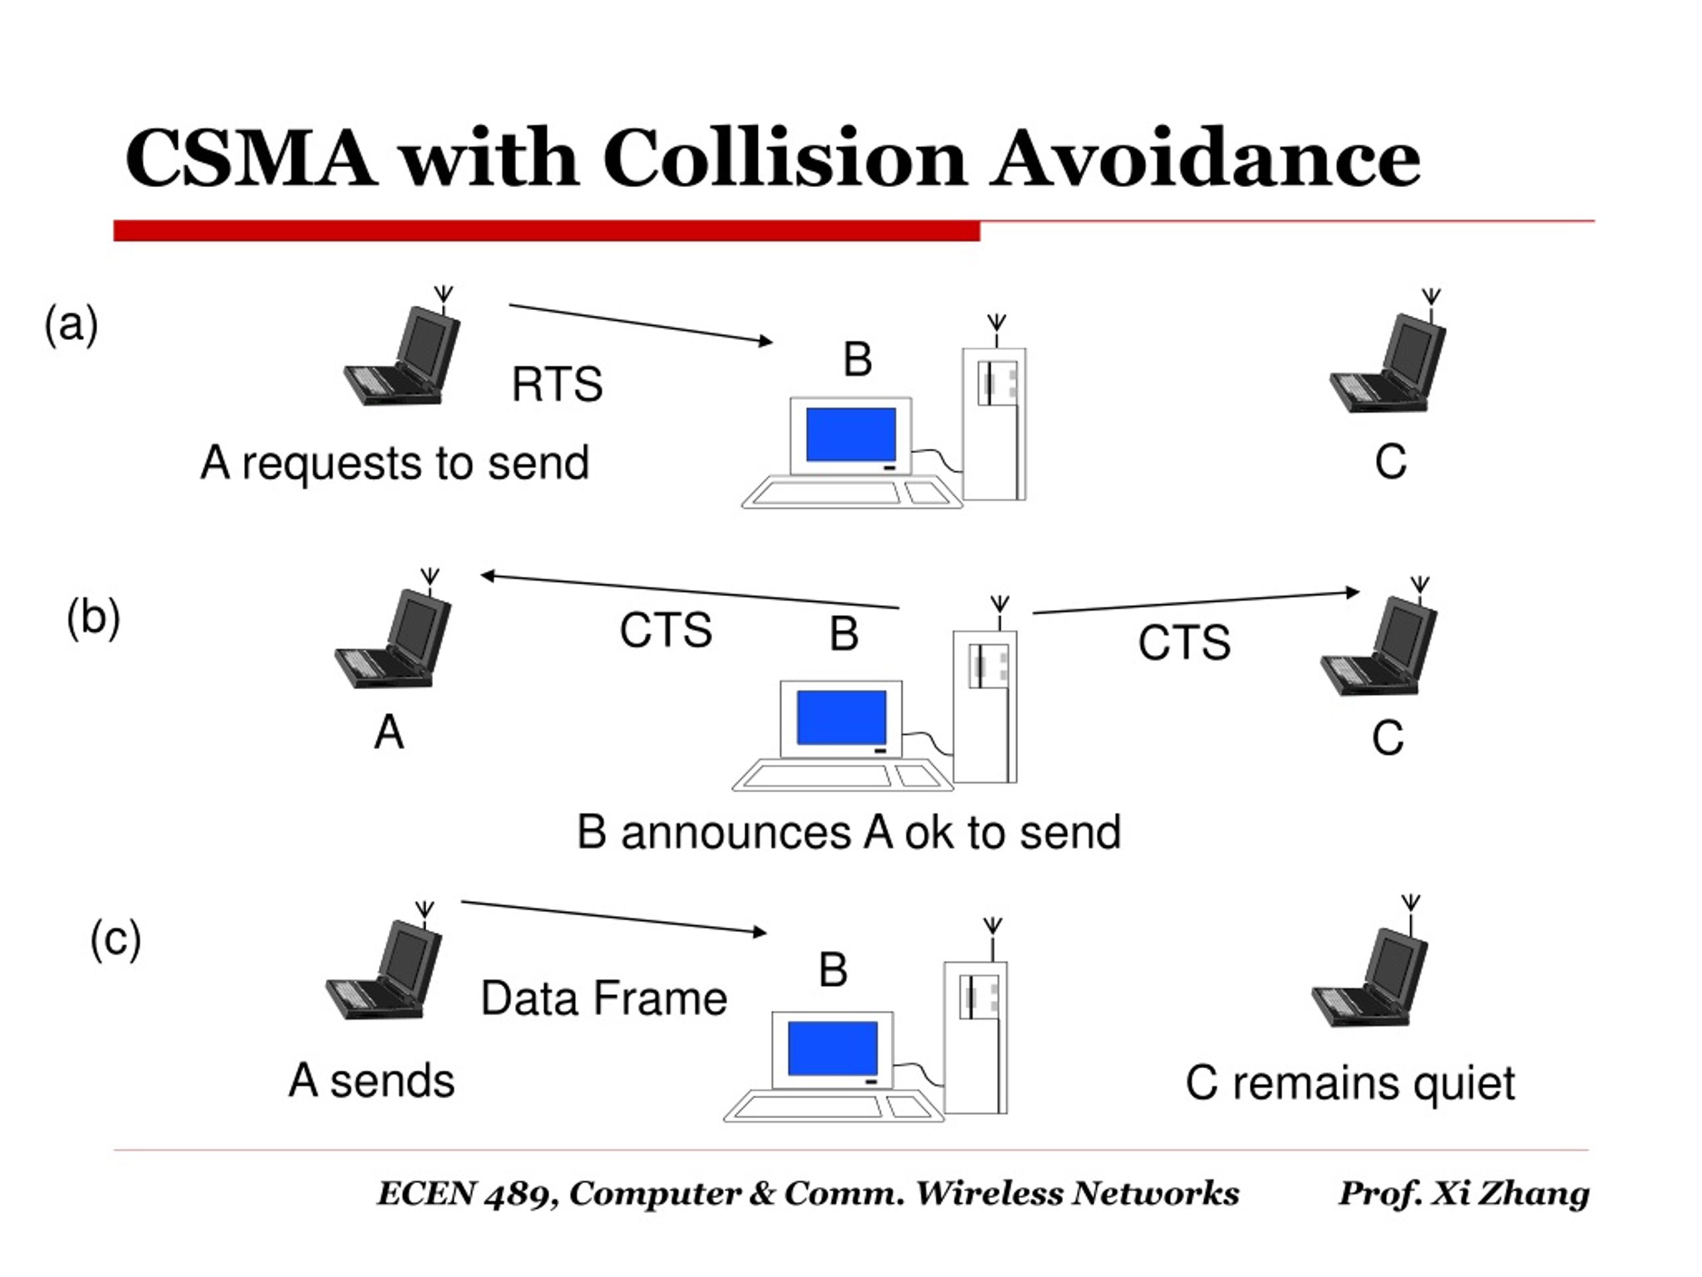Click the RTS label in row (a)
pyautogui.click(x=557, y=384)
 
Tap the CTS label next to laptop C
pyautogui.click(x=1184, y=642)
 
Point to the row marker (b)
pyautogui.click(x=93, y=617)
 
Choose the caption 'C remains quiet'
pyautogui.click(x=1350, y=1083)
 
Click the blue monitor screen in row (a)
pyautogui.click(x=851, y=434)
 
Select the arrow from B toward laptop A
pyautogui.click(x=690, y=591)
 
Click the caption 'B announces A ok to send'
pyautogui.click(x=849, y=833)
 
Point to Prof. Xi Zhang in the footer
pyautogui.click(x=1464, y=1194)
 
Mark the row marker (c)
pyautogui.click(x=116, y=939)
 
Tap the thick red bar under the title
pyautogui.click(x=547, y=230)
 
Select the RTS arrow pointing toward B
pyautogui.click(x=641, y=324)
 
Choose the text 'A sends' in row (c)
pyautogui.click(x=372, y=1080)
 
